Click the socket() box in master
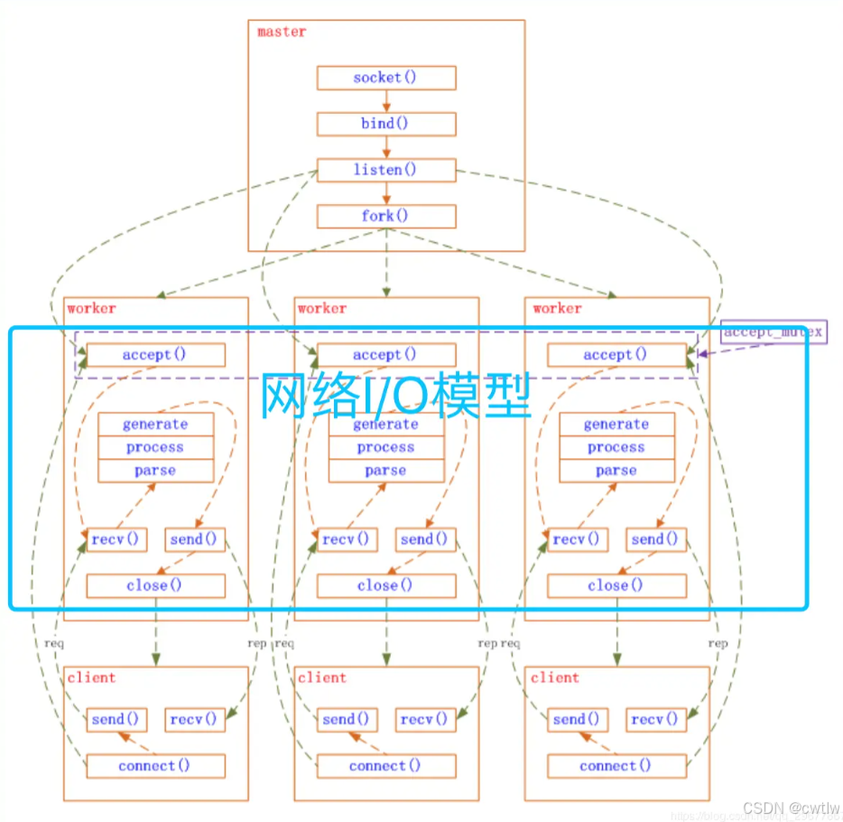click(386, 78)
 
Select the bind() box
click(386, 124)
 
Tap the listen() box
click(386, 170)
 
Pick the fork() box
click(386, 216)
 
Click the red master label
click(282, 32)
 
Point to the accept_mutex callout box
click(773, 332)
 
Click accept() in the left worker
click(155, 355)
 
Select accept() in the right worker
click(616, 355)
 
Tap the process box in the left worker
click(155, 447)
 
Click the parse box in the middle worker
click(386, 471)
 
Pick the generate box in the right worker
click(616, 424)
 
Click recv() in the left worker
click(116, 539)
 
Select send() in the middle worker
click(425, 539)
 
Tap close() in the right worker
click(616, 585)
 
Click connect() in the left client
click(155, 766)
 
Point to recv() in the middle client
click(425, 719)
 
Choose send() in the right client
click(578, 719)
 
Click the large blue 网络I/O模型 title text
click(395, 395)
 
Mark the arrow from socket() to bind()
click(386, 101)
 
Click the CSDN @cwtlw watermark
click(793, 808)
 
